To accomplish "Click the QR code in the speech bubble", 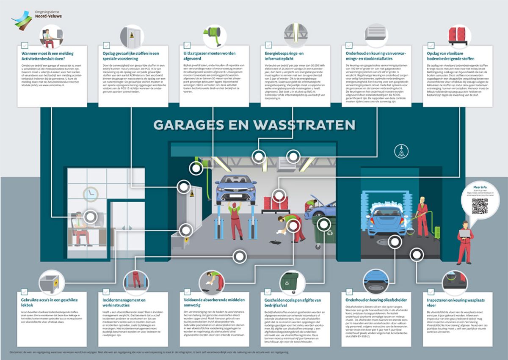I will tap(480, 207).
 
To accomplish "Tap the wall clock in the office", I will tap(90, 194).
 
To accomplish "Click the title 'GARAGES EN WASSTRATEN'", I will tap(254, 125).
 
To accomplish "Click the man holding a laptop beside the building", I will tap(465, 241).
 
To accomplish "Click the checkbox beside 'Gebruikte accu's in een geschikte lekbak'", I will tap(24, 292).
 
